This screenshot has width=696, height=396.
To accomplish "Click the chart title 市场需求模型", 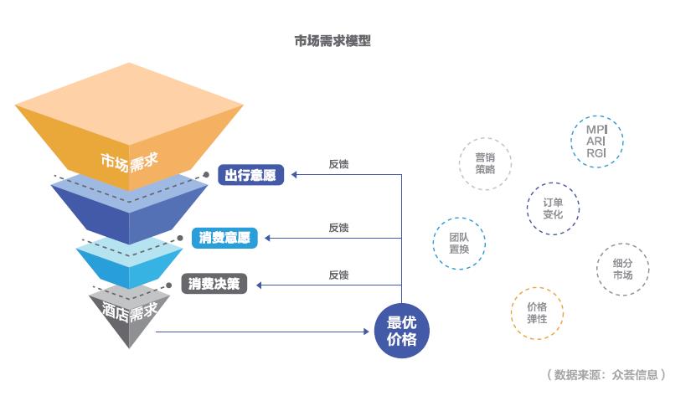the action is [x=333, y=41].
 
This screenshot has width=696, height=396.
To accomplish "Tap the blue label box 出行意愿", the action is [x=250, y=175].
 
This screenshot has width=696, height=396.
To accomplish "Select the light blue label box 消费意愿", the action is [x=224, y=238].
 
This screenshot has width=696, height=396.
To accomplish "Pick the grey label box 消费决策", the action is [x=214, y=284].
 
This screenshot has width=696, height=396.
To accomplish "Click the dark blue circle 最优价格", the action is [x=402, y=331].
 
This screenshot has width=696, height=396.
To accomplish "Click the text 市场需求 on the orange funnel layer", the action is [x=129, y=162].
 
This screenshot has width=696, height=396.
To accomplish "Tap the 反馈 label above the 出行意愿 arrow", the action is [x=338, y=164].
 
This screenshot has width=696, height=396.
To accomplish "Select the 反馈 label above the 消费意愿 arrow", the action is [x=338, y=228].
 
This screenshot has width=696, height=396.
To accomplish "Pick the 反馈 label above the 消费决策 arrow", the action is [x=338, y=275].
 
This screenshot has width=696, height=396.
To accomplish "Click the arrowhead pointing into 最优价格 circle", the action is [x=366, y=332].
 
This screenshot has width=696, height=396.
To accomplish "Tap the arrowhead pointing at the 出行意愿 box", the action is [x=294, y=175].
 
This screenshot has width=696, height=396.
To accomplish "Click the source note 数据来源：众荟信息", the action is [x=606, y=375].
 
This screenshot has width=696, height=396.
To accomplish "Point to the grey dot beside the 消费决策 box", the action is [x=168, y=285].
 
